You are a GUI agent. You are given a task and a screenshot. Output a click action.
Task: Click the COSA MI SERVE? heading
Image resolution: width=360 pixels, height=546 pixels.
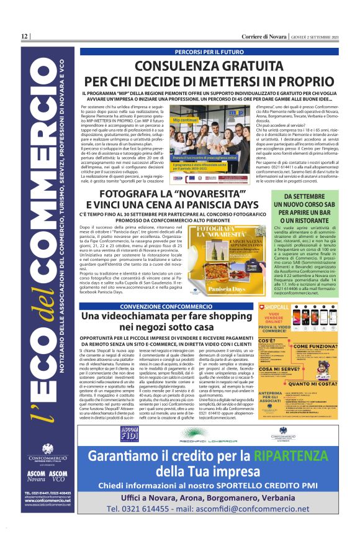[275, 369]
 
